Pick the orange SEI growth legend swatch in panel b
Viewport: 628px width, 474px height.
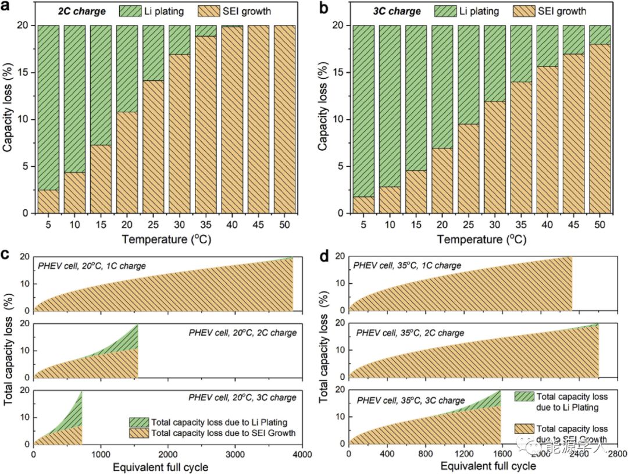(522, 10)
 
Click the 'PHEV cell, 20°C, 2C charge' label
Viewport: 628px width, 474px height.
(243, 333)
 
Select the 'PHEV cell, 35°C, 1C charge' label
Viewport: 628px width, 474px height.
(407, 265)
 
